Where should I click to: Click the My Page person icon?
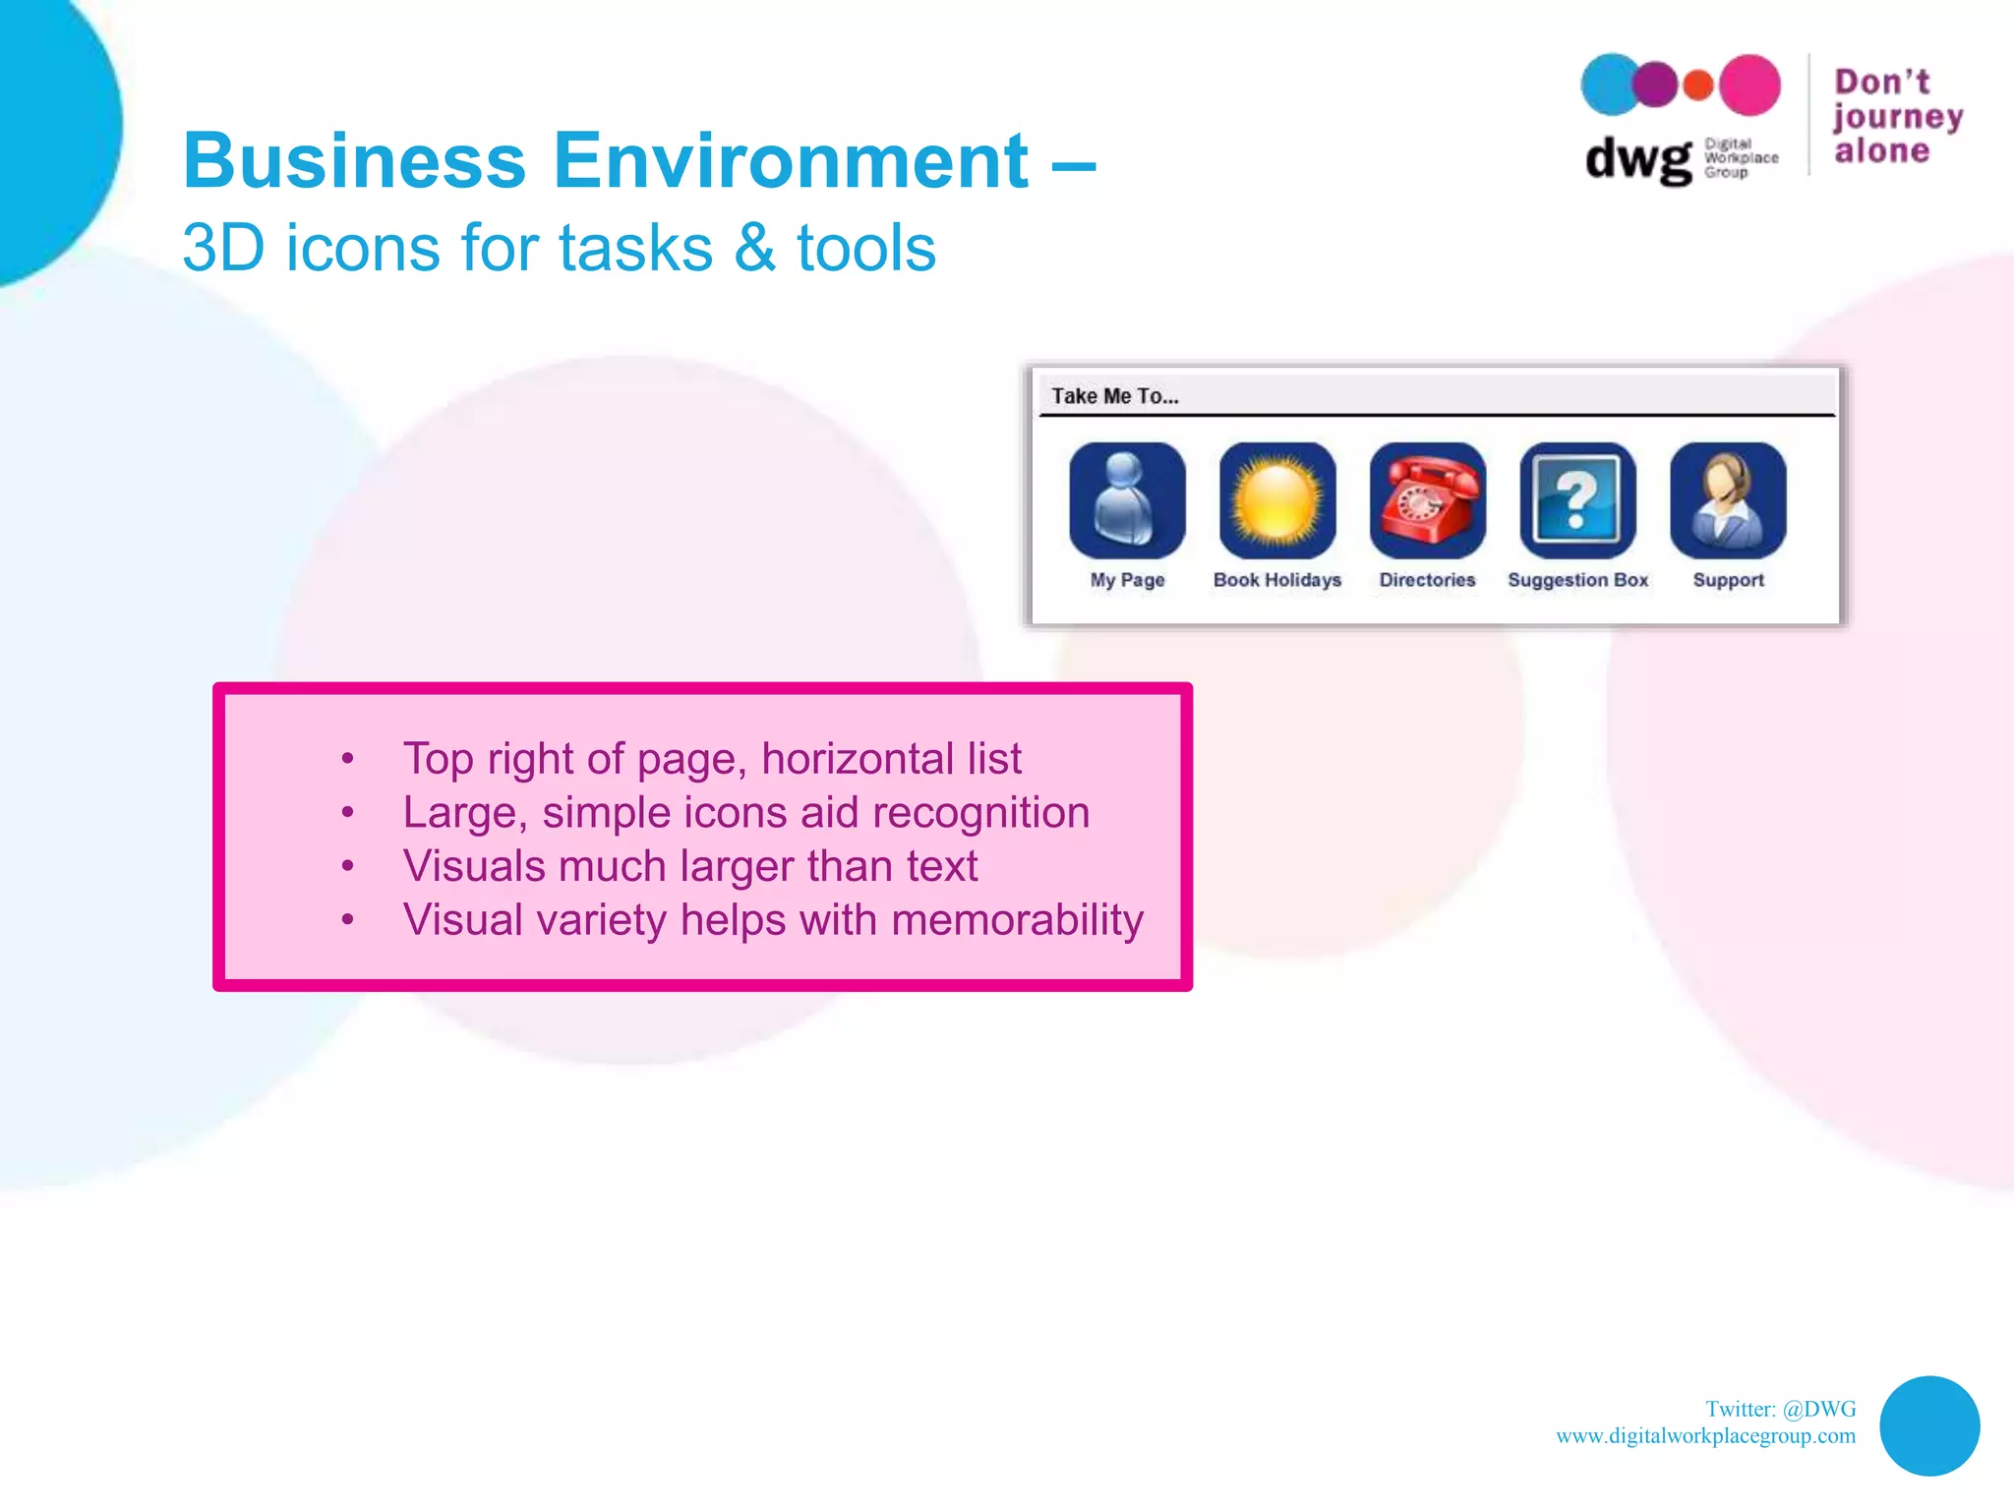click(1127, 500)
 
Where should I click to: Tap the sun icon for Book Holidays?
click(1277, 500)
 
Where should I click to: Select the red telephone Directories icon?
click(1428, 500)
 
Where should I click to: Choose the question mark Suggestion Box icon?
click(1577, 500)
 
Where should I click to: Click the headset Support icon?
click(1728, 500)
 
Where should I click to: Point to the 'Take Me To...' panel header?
click(1115, 396)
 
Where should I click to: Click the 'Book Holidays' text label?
click(1277, 580)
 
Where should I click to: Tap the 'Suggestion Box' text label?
click(1577, 580)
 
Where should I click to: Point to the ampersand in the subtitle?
click(754, 248)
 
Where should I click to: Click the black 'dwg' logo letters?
click(1638, 158)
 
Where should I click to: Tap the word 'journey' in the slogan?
click(1898, 117)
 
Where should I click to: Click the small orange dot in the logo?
click(1698, 86)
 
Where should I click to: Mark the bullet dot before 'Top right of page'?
click(347, 759)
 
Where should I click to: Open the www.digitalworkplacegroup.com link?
click(1705, 1436)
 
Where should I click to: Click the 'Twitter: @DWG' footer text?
click(1780, 1409)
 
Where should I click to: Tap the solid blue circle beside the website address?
click(1929, 1425)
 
